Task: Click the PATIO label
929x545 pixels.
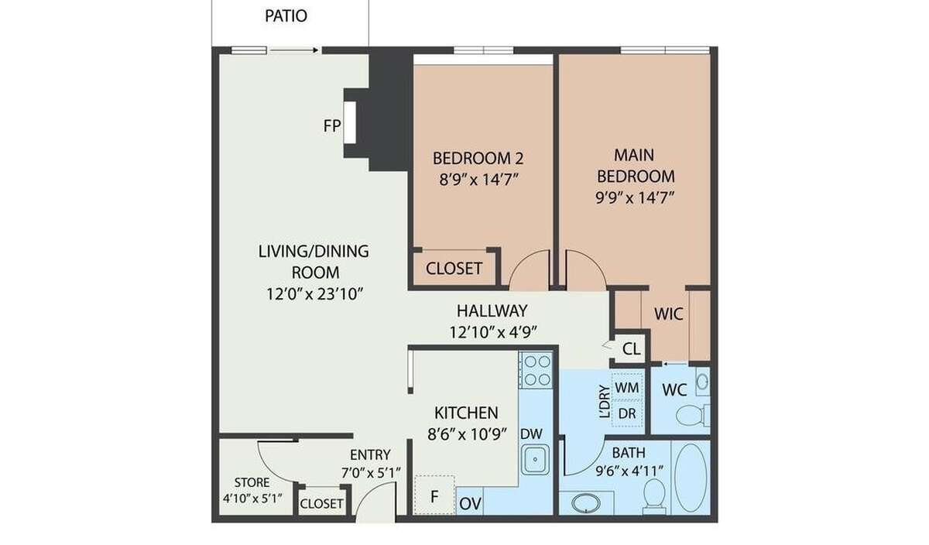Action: click(286, 16)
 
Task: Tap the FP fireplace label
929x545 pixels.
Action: click(332, 125)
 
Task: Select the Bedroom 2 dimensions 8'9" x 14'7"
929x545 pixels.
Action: click(479, 180)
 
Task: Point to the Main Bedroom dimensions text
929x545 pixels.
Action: click(635, 198)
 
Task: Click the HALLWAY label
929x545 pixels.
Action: click(492, 310)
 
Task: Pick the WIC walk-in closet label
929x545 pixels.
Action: click(669, 314)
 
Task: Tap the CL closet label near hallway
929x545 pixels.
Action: click(631, 349)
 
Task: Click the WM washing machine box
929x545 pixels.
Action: click(627, 387)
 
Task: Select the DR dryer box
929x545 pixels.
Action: click(627, 413)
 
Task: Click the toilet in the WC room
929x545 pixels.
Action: click(693, 415)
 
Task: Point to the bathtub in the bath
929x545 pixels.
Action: click(691, 478)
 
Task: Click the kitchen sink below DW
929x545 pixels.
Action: click(535, 460)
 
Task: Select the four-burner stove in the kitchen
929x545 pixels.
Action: click(536, 370)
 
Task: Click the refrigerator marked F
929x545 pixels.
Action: click(434, 495)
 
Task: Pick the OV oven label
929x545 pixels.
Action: click(471, 503)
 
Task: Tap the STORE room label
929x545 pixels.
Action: click(252, 482)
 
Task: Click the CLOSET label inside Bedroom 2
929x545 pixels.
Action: click(454, 269)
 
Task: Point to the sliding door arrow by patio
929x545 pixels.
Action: click(294, 50)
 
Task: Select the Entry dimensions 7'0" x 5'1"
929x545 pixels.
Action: click(371, 472)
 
